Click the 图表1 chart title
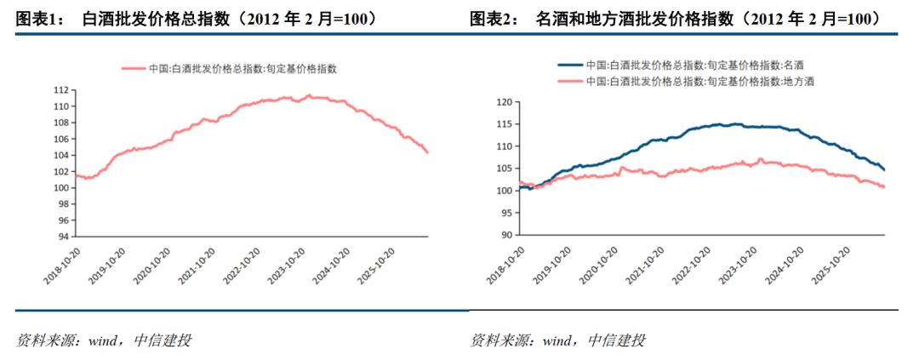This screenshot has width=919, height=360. (196, 20)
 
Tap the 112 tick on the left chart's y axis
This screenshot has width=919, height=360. (61, 90)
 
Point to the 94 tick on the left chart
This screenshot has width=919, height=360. (63, 237)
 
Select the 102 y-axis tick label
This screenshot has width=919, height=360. (61, 172)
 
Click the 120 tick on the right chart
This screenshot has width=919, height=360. (505, 102)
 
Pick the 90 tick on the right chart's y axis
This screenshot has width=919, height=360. (507, 235)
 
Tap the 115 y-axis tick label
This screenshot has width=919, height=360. (505, 124)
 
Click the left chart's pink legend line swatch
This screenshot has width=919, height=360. (133, 69)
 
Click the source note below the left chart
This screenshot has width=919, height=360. (104, 340)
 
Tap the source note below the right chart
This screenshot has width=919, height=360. (557, 340)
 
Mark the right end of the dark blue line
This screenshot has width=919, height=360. (884, 170)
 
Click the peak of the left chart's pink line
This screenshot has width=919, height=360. (309, 95)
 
